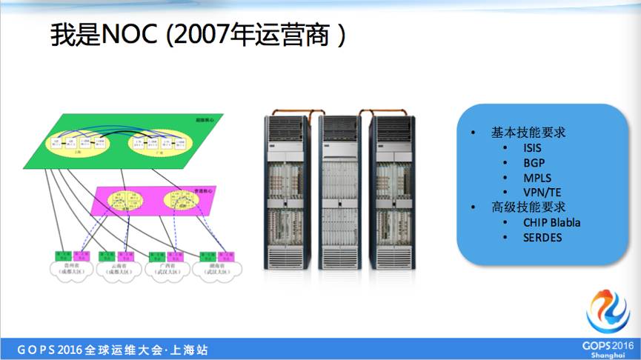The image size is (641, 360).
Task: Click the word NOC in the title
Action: click(x=130, y=34)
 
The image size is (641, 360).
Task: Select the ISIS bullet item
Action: click(x=532, y=147)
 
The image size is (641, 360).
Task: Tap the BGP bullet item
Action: click(x=533, y=162)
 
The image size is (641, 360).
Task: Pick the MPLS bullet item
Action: click(x=537, y=178)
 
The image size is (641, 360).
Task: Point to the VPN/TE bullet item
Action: click(x=542, y=193)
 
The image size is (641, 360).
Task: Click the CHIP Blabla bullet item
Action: click(x=551, y=222)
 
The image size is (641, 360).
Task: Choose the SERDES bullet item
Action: click(x=542, y=237)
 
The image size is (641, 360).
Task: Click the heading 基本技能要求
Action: click(x=528, y=132)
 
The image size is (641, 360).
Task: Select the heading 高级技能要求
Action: click(x=528, y=207)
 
